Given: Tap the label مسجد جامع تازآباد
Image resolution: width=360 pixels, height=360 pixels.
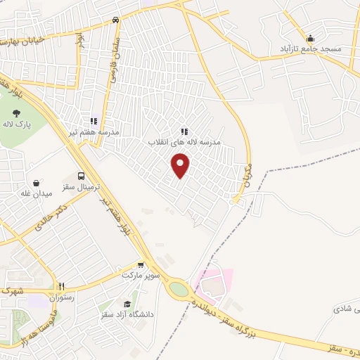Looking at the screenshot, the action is pyautogui.click(x=311, y=49).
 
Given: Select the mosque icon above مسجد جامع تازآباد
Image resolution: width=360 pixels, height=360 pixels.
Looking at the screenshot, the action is pyautogui.click(x=311, y=38).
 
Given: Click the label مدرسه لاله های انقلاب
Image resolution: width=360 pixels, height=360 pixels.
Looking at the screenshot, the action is pyautogui.click(x=184, y=142).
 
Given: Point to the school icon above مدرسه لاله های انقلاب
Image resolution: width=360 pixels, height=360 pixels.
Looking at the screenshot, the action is pyautogui.click(x=184, y=131).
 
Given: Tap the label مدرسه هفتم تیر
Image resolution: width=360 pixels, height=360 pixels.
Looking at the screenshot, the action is pyautogui.click(x=94, y=131).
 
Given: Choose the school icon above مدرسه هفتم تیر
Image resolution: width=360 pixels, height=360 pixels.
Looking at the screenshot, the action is pyautogui.click(x=94, y=121).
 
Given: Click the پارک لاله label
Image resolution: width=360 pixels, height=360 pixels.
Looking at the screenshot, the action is pyautogui.click(x=16, y=123).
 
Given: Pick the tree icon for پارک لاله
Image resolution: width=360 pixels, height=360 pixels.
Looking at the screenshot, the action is pyautogui.click(x=16, y=112).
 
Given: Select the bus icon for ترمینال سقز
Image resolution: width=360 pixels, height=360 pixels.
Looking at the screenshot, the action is pyautogui.click(x=82, y=176).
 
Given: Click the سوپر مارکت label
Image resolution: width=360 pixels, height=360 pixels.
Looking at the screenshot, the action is pyautogui.click(x=141, y=275).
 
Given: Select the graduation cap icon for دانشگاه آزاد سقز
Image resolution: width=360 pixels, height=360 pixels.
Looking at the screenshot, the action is pyautogui.click(x=127, y=304).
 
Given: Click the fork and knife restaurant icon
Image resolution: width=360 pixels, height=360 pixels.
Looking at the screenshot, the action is pyautogui.click(x=61, y=286).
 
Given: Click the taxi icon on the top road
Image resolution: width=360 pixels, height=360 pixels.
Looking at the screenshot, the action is pyautogui.click(x=115, y=20).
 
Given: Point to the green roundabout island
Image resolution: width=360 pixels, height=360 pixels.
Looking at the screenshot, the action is pyautogui.click(x=179, y=289).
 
